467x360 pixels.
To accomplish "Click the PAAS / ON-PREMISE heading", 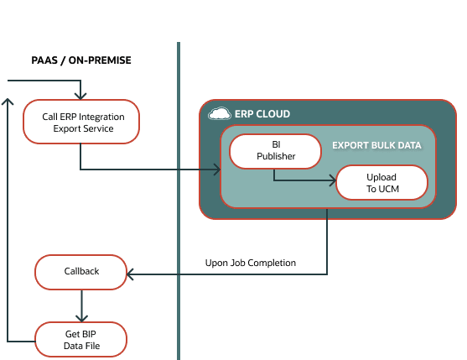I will pyautogui.click(x=82, y=60).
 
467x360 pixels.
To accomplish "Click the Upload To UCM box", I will pyautogui.click(x=381, y=184).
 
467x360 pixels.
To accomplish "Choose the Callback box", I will pyautogui.click(x=81, y=272).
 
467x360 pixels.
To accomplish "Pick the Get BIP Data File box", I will pyautogui.click(x=81, y=340).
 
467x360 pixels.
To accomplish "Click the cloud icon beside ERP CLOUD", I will pyautogui.click(x=219, y=113).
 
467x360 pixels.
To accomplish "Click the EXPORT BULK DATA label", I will pyautogui.click(x=376, y=145).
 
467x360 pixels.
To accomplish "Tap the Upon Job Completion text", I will pyautogui.click(x=251, y=263).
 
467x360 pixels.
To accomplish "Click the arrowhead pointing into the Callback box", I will pyautogui.click(x=130, y=272).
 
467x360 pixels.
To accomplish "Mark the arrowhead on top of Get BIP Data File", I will pyautogui.click(x=81, y=318).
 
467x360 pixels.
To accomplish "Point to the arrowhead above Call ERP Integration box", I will pyautogui.click(x=81, y=96).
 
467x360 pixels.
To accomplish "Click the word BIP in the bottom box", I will pyautogui.click(x=89, y=334).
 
